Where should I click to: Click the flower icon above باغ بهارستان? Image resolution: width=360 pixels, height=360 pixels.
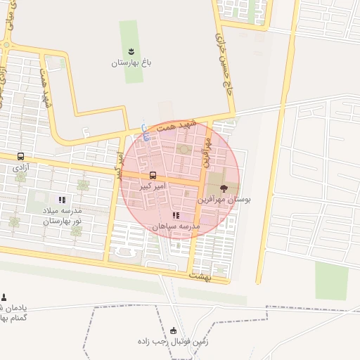(x=131, y=51)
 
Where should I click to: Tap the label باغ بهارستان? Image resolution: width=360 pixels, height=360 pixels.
(x=131, y=63)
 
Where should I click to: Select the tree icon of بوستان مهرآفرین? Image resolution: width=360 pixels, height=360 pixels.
(x=224, y=188)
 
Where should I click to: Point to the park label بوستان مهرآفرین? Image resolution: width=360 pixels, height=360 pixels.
(x=224, y=200)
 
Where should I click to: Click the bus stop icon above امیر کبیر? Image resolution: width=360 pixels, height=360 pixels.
(x=153, y=175)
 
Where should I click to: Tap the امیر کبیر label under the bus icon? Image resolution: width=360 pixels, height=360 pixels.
(x=153, y=186)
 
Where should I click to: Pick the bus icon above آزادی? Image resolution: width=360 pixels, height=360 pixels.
(x=20, y=157)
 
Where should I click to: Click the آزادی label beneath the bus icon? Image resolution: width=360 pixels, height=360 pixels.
(x=19, y=169)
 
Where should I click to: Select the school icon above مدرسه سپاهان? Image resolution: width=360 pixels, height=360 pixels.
(x=175, y=215)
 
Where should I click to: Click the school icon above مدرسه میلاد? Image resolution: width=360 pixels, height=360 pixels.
(x=61, y=200)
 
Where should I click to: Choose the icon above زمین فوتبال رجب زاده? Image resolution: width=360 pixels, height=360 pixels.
(x=174, y=331)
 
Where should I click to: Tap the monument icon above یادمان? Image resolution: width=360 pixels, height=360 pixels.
(x=4, y=297)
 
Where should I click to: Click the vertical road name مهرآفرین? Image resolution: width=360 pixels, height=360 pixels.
(x=207, y=151)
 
